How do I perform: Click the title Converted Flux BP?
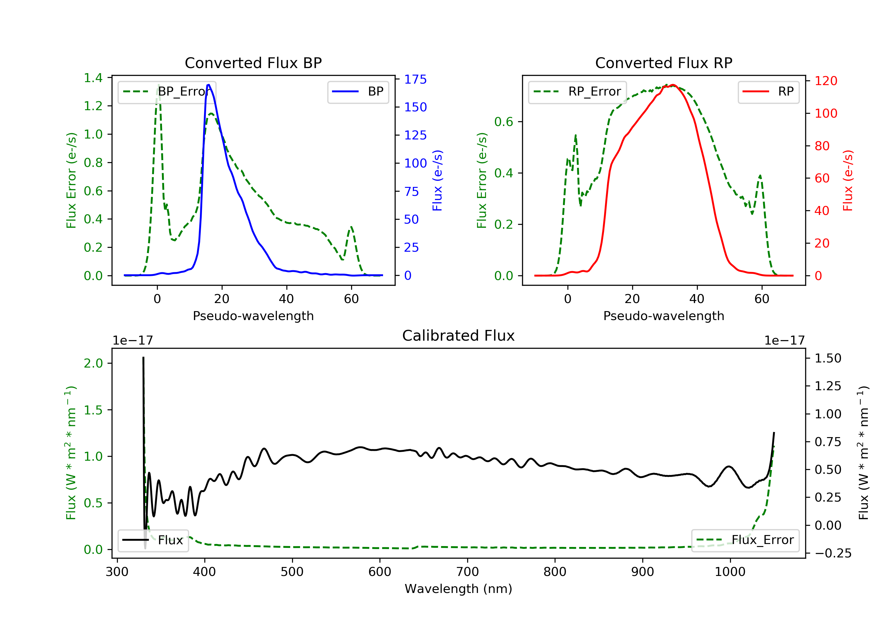pyautogui.click(x=253, y=63)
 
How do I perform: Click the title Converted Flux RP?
pyautogui.click(x=663, y=63)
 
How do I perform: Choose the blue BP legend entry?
pyautogui.click(x=358, y=92)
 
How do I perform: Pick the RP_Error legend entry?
pyautogui.click(x=577, y=92)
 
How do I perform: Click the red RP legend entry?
pyautogui.click(x=768, y=92)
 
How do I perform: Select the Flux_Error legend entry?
pyautogui.click(x=745, y=540)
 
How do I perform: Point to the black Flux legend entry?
pyautogui.click(x=153, y=540)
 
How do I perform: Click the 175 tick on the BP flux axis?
pyautogui.click(x=415, y=79)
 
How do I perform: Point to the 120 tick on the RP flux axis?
pyautogui.click(x=825, y=81)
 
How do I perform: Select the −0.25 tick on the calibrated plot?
pyautogui.click(x=833, y=553)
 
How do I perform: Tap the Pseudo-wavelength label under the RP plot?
pyautogui.click(x=663, y=316)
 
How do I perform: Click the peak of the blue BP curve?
pyautogui.click(x=209, y=85)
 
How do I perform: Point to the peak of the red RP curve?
pyautogui.click(x=673, y=85)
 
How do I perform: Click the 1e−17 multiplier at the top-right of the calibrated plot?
pyautogui.click(x=784, y=341)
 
